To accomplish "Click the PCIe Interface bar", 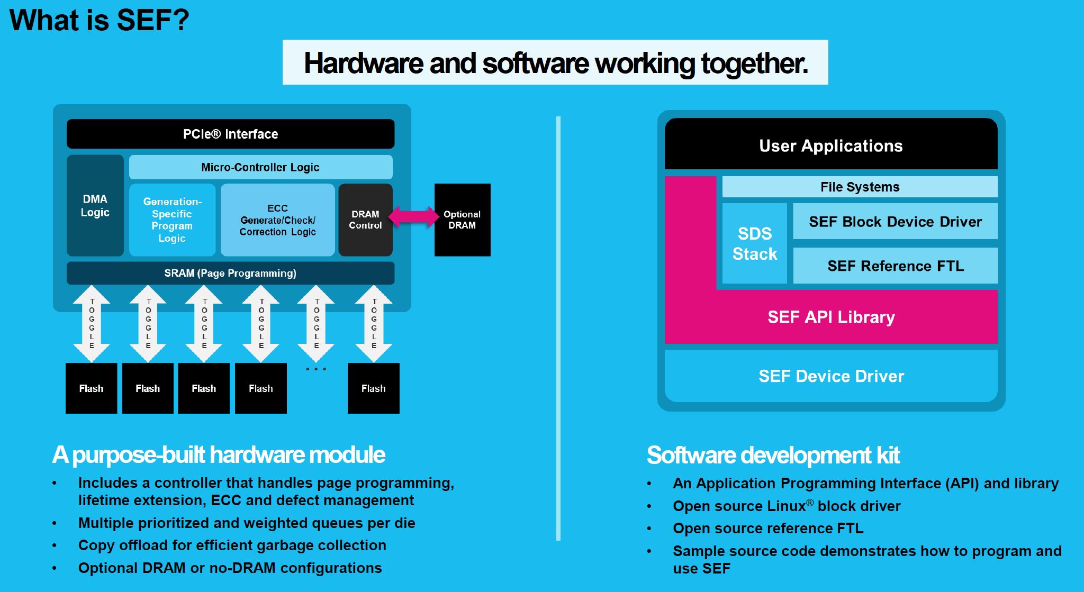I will click(230, 134).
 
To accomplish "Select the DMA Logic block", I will click(95, 205).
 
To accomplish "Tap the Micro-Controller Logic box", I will click(260, 167).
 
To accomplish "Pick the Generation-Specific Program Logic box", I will click(172, 220).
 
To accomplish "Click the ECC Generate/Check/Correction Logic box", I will click(277, 220).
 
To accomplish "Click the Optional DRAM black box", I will click(462, 220).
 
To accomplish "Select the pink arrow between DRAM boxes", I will click(413, 217).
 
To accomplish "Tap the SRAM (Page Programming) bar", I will click(230, 273).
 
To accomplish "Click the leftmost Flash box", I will click(91, 388).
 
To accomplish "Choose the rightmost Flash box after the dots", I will click(373, 388).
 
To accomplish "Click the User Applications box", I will click(830, 145).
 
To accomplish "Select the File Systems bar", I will click(860, 187).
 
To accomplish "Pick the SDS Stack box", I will click(754, 243).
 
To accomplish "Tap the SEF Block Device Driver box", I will click(895, 222).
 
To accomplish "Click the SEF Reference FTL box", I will click(895, 266).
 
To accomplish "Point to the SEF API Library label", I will click(831, 317).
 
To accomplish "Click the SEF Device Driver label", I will click(831, 376).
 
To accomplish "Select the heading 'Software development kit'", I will click(773, 455).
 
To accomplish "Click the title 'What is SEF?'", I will click(99, 20).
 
